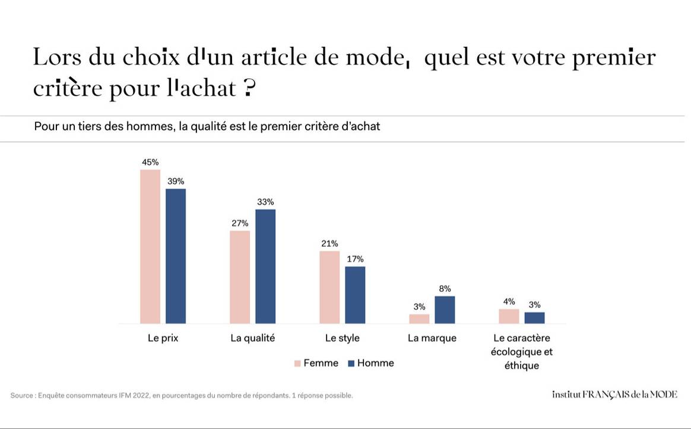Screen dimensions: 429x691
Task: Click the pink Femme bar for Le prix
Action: tap(150, 246)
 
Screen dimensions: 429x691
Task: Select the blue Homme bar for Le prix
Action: tap(176, 256)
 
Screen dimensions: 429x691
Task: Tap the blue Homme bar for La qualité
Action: tap(265, 266)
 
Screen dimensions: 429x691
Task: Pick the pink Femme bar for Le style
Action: tap(329, 287)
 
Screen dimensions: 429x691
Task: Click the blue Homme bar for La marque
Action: tap(445, 310)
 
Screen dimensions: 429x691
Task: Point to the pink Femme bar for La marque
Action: tap(419, 319)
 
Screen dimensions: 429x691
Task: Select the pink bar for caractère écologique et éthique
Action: tap(509, 316)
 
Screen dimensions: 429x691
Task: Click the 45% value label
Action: tap(150, 162)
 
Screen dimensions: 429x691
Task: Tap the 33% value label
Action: tap(265, 202)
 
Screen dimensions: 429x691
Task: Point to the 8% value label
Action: tap(445, 289)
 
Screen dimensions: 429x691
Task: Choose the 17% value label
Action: tap(355, 259)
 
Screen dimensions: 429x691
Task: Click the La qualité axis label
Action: tap(253, 338)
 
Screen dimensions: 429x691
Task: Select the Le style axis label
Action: tap(342, 338)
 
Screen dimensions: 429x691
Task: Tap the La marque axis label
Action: tap(432, 338)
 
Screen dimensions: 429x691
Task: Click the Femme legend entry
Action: tap(316, 363)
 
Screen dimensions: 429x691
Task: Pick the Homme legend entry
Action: tap(370, 363)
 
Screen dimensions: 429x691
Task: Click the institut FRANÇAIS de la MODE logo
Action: tap(614, 395)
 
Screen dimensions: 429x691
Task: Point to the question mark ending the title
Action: tap(249, 88)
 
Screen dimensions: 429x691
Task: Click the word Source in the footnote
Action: tap(22, 395)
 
